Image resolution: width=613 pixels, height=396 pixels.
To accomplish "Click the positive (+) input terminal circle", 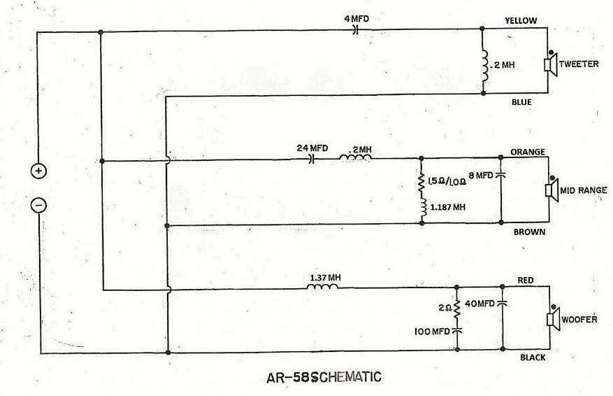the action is [x=38, y=171].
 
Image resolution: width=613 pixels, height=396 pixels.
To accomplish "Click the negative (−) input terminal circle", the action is [x=38, y=205].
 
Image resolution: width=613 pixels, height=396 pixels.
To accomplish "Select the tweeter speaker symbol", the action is [x=551, y=64].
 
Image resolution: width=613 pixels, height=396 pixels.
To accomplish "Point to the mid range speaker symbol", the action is [x=552, y=190].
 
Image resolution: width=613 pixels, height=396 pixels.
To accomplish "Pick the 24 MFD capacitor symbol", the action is [x=312, y=159].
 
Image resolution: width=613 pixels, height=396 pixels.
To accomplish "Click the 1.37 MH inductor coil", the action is [x=322, y=287].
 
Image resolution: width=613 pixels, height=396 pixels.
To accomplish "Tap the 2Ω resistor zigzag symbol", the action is [x=456, y=308].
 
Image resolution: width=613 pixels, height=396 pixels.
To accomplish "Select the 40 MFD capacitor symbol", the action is [x=502, y=303].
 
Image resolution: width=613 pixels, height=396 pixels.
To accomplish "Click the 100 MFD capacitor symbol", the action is [x=456, y=331].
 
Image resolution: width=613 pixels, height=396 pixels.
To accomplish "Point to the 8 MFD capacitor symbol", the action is [x=500, y=176].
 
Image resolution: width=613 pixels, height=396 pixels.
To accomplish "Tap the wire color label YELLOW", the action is [x=521, y=21].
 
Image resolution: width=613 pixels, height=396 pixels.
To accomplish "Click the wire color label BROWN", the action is [x=529, y=232].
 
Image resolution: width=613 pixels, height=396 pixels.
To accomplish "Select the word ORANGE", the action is [x=528, y=152].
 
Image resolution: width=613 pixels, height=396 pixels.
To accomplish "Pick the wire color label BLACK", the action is [x=533, y=358].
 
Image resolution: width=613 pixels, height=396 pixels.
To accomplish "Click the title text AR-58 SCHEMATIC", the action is [x=324, y=377].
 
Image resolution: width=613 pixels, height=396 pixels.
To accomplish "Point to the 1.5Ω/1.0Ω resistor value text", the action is [x=447, y=182].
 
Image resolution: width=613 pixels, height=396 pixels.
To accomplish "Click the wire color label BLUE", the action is [x=521, y=102].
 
